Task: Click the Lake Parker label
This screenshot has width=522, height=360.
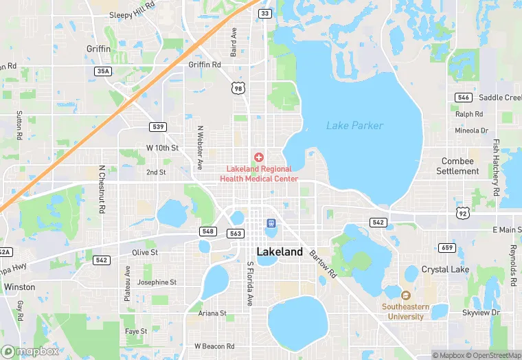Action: tap(354, 126)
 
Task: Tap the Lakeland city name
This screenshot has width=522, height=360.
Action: tap(280, 252)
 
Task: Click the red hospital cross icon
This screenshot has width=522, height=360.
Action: tap(259, 157)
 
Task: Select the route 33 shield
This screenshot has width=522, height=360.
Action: tap(264, 13)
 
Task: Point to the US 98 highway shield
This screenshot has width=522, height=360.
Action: tap(238, 88)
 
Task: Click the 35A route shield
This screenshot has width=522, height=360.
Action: tap(103, 71)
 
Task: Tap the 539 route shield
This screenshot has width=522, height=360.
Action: tap(158, 127)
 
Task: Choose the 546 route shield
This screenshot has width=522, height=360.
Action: tap(463, 98)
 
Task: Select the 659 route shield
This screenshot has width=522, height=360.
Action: tap(446, 247)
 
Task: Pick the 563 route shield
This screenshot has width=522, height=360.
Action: tap(236, 234)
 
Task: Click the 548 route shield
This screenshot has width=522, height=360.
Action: tap(208, 231)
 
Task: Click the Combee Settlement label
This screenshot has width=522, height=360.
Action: tap(457, 166)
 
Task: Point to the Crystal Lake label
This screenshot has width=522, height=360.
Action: tap(445, 269)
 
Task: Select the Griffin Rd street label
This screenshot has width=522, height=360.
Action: tap(205, 65)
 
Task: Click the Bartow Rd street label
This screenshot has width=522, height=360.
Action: tap(322, 265)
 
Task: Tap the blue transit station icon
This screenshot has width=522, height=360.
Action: tap(271, 223)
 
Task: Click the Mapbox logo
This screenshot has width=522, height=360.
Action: tap(30, 351)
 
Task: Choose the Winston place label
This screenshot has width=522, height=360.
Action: tap(19, 287)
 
